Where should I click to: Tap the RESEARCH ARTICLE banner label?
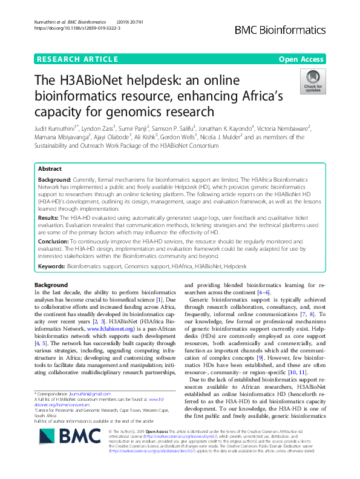(77, 59)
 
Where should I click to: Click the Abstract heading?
(50, 170)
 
